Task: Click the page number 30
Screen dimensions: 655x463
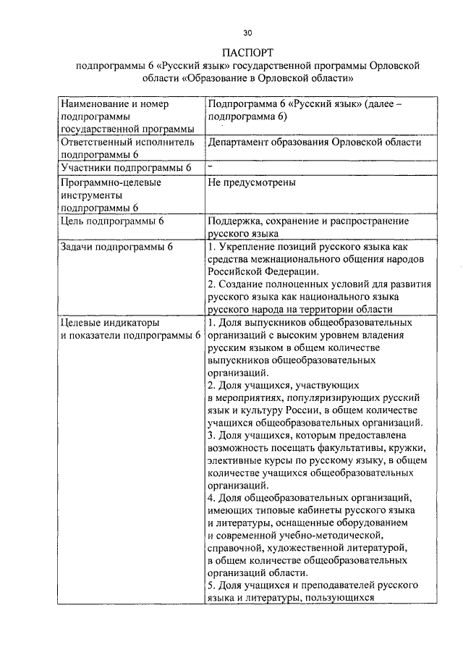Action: pyautogui.click(x=248, y=33)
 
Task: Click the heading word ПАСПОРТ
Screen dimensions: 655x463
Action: pyautogui.click(x=248, y=52)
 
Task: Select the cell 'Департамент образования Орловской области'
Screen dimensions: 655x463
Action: pyautogui.click(x=313, y=143)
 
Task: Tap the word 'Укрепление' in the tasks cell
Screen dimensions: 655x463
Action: pyautogui.click(x=250, y=248)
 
